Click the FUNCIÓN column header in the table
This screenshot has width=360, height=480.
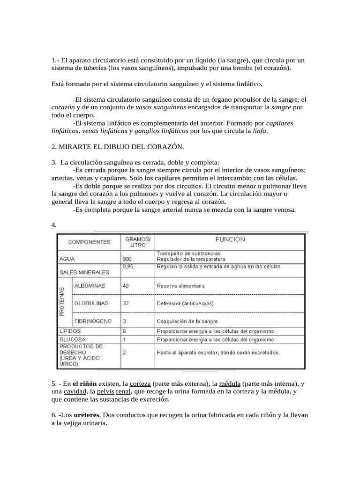(x=230, y=240)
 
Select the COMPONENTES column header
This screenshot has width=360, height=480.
(x=90, y=242)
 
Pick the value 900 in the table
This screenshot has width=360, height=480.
(x=127, y=259)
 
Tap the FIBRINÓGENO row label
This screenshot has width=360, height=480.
(x=93, y=321)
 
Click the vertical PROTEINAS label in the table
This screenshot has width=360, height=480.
(x=62, y=302)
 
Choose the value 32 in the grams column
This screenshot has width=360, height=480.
(x=126, y=303)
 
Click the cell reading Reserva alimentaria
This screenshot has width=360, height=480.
(x=181, y=285)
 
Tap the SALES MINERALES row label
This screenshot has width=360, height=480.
(x=84, y=272)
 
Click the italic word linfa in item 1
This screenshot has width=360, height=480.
(x=259, y=131)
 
